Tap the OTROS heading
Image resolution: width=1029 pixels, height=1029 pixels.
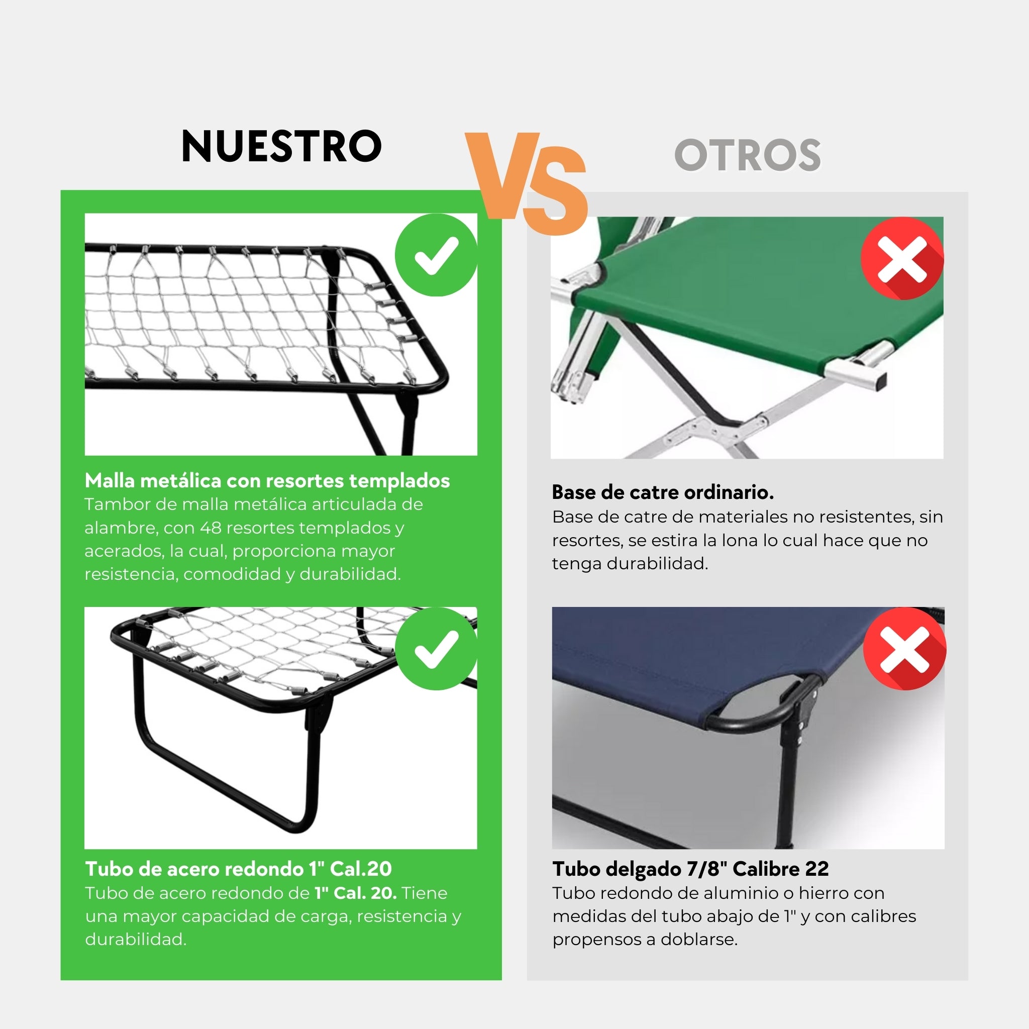(x=747, y=156)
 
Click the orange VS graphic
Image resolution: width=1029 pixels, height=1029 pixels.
(x=526, y=183)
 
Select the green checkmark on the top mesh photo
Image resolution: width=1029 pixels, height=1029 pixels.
(x=436, y=255)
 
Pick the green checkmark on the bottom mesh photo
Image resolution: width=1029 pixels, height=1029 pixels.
(x=436, y=649)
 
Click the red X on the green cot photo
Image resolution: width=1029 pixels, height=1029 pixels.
(x=902, y=259)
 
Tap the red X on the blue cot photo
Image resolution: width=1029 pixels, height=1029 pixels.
(x=904, y=649)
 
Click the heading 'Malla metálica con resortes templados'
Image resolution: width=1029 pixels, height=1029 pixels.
(x=267, y=480)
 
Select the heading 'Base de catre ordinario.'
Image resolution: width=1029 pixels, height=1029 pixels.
(x=663, y=492)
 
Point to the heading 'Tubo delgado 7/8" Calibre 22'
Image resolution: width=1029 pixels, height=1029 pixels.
(x=690, y=869)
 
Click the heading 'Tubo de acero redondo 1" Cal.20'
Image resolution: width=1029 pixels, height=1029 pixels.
(x=238, y=869)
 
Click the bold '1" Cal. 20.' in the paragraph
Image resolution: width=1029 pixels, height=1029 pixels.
(x=355, y=893)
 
